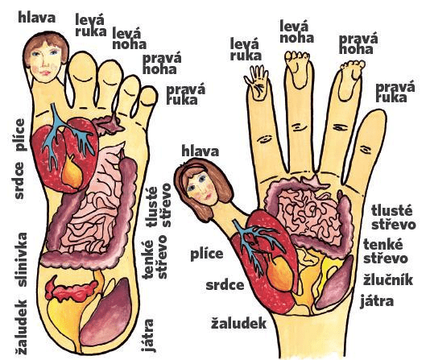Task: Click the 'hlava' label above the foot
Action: coord(37,18)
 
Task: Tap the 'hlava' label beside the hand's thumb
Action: coord(201,151)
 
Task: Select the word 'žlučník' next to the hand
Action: coord(388,280)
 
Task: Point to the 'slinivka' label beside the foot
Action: coord(21,259)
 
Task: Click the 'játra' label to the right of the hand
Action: coord(377,300)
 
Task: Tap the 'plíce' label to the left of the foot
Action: coord(20,134)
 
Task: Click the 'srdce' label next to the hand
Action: coord(225,285)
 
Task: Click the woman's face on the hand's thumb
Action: coord(201,188)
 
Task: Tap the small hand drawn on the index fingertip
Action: coord(257,82)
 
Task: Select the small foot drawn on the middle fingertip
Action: coord(298,68)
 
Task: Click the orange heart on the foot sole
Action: coord(72,172)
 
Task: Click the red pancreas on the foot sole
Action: coord(71,291)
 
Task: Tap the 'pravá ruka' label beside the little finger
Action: coord(395,93)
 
